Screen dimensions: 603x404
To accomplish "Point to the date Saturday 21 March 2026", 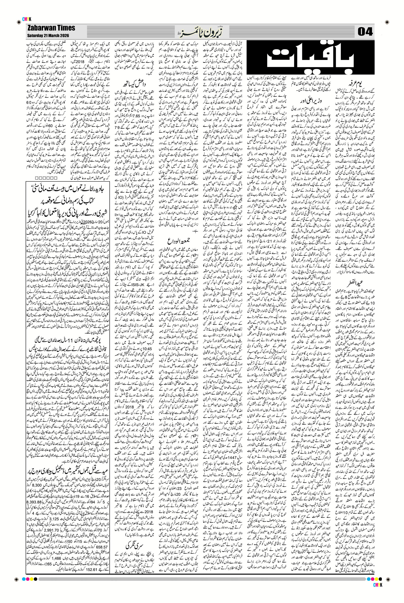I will pos(48,35).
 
